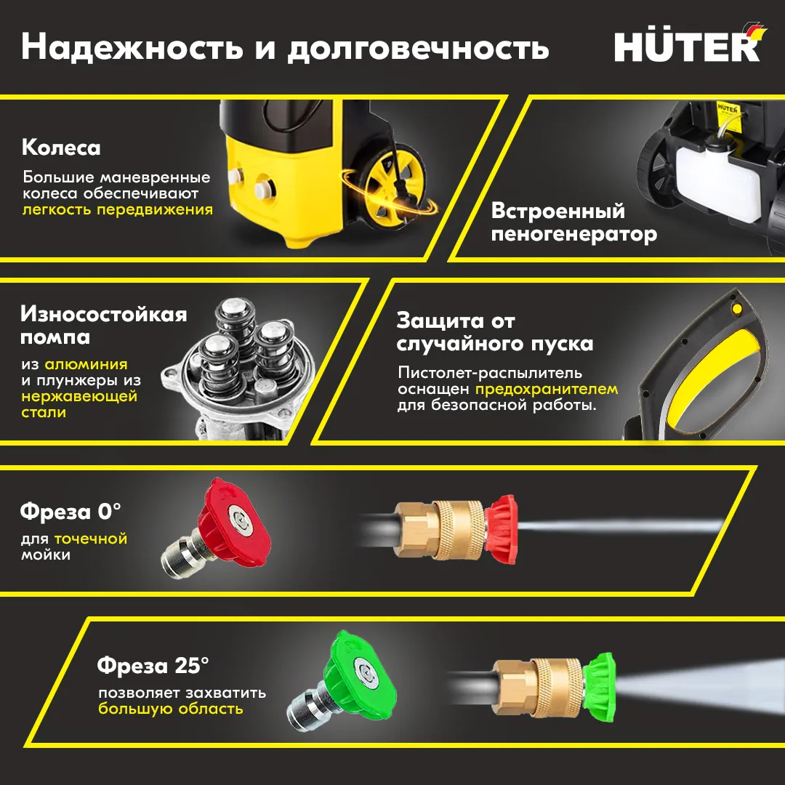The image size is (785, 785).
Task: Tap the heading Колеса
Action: click(61, 148)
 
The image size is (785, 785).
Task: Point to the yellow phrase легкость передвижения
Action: click(118, 209)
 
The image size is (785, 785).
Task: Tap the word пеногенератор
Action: click(573, 234)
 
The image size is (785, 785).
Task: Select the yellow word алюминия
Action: click(86, 364)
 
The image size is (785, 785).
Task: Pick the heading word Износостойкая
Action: click(104, 315)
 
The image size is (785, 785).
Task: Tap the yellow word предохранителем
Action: click(547, 389)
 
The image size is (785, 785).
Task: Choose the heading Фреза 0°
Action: click(71, 512)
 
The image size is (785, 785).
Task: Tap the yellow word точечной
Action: click(91, 539)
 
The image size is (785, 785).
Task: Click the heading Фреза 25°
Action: click(153, 666)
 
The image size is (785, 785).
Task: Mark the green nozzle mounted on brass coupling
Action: click(599, 687)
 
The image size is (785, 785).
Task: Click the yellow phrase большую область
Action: click(171, 709)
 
